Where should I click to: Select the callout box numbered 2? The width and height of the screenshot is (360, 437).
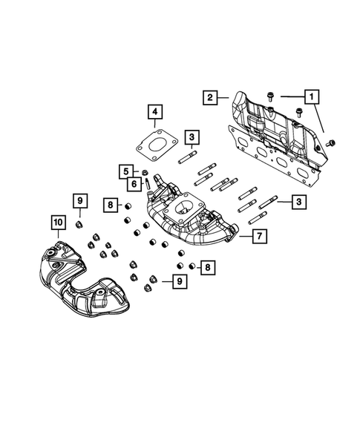click(x=210, y=97)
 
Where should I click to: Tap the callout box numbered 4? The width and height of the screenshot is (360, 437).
click(x=154, y=114)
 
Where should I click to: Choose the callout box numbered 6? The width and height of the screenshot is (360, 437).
click(x=135, y=184)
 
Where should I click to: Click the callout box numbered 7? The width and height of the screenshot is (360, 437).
click(x=261, y=237)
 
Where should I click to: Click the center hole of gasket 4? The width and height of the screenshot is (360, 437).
click(x=158, y=143)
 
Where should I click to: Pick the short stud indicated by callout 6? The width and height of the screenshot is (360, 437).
click(x=148, y=183)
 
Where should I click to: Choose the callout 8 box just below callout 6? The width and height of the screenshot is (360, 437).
click(x=109, y=204)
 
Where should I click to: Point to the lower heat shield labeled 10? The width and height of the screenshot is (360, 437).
click(x=82, y=278)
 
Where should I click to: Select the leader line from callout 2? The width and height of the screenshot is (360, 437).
click(x=223, y=97)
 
